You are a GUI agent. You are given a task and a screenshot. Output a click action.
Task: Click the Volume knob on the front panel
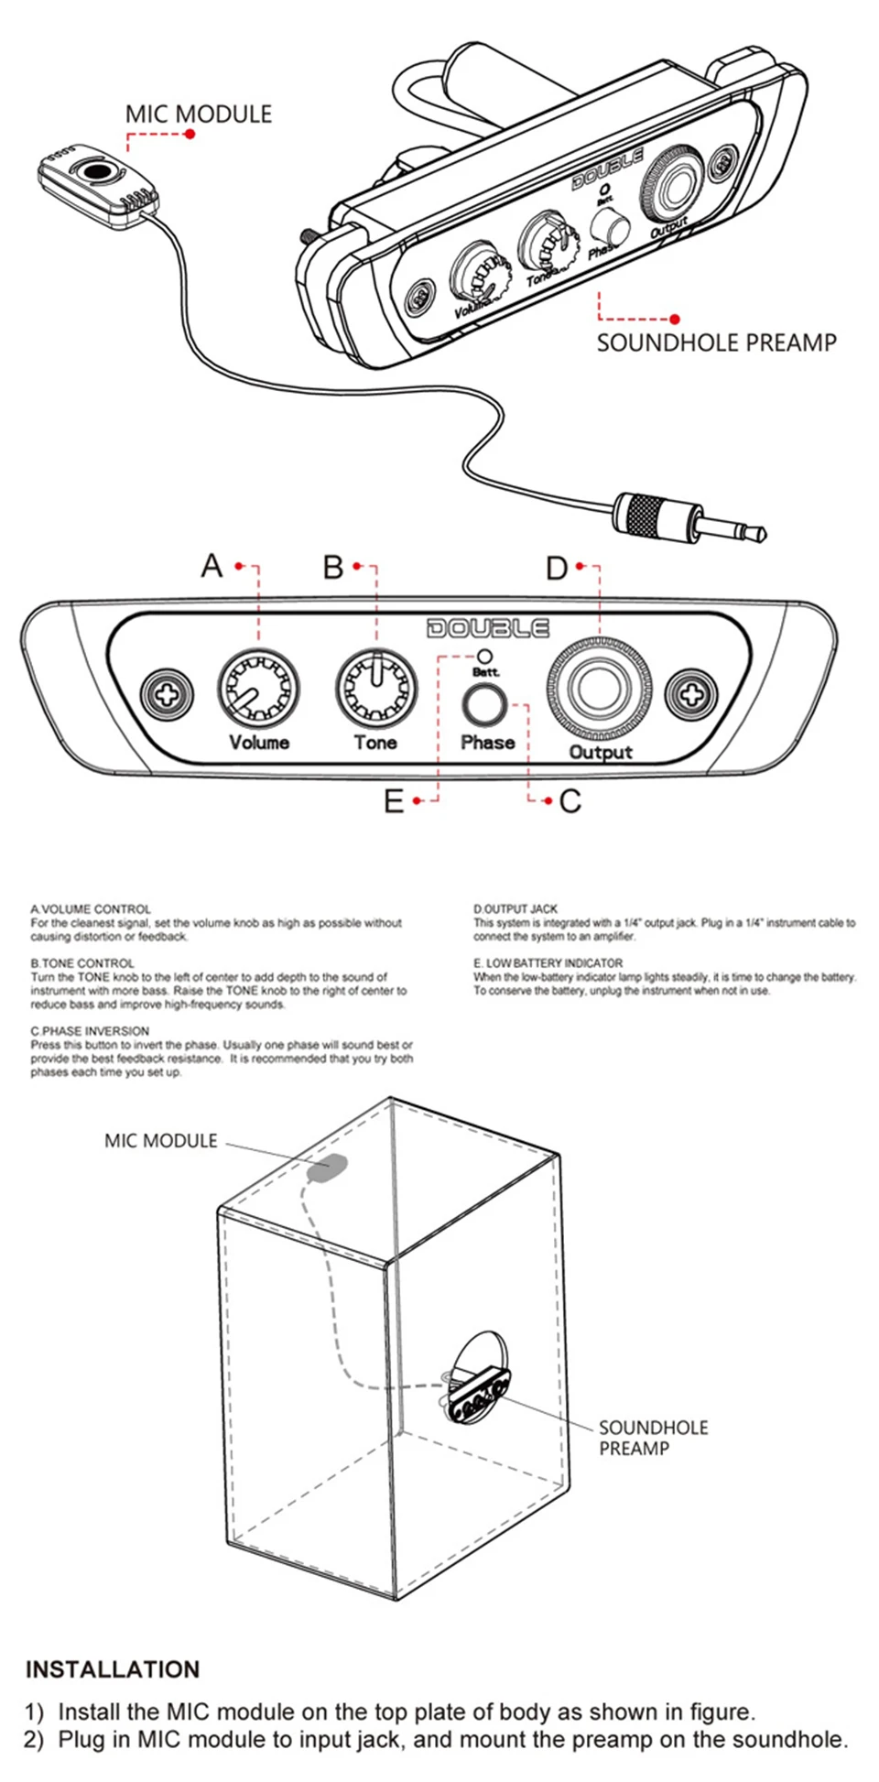tap(258, 690)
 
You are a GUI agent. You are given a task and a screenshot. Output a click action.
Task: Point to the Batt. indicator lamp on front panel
tap(485, 656)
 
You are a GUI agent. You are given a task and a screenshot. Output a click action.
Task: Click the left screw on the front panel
tap(167, 693)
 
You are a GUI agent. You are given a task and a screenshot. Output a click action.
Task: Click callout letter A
tap(212, 566)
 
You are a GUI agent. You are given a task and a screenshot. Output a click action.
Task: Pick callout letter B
tap(333, 567)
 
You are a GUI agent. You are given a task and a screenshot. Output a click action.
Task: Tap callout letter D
tap(557, 569)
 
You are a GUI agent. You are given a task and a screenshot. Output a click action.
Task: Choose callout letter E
tap(394, 802)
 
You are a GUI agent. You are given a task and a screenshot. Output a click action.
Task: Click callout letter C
tap(570, 802)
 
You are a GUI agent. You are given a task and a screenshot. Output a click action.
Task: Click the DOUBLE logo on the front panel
tap(488, 628)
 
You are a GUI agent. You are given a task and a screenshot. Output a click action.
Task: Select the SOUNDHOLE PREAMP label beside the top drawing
tap(716, 343)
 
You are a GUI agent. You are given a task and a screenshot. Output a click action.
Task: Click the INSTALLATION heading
tap(113, 1669)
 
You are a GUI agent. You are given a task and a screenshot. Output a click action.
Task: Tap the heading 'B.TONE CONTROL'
tap(82, 963)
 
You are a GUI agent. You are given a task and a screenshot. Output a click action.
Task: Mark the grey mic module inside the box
tap(328, 1168)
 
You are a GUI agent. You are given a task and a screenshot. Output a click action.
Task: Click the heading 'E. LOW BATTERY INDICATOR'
tap(548, 963)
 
